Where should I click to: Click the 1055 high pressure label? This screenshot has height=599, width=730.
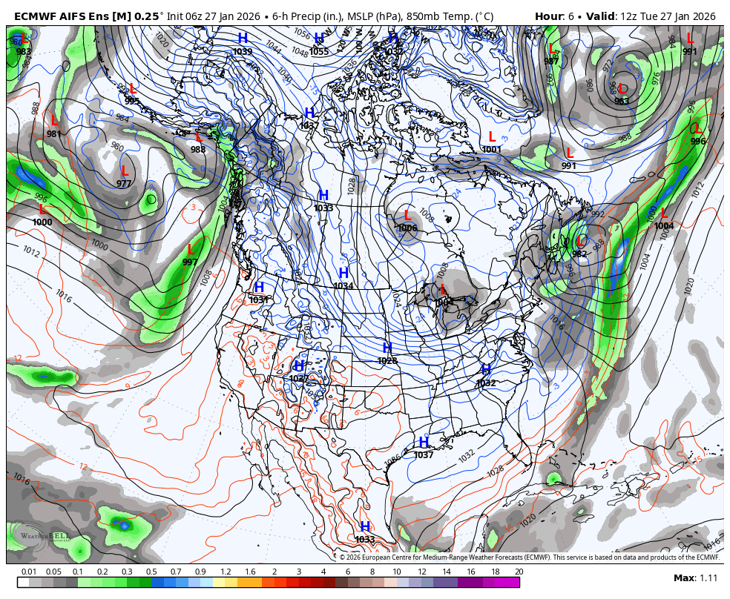(x=319, y=51)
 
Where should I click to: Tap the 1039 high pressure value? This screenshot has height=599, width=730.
(x=243, y=51)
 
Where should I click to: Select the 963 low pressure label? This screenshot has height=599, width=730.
(x=621, y=101)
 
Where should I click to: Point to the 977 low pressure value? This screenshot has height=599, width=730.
(x=124, y=183)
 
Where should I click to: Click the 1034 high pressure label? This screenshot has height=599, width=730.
(x=343, y=285)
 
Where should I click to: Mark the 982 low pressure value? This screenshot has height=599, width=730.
(x=579, y=254)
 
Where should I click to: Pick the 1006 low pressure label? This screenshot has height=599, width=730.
(x=407, y=228)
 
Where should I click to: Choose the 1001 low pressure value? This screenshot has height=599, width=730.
(x=491, y=149)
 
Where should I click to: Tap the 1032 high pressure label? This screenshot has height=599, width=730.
(x=486, y=383)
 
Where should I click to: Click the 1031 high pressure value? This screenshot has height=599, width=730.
(x=259, y=299)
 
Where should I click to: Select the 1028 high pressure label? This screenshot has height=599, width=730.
(x=387, y=360)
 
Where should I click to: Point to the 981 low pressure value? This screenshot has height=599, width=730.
(x=54, y=133)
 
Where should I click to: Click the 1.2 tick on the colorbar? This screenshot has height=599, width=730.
(x=226, y=572)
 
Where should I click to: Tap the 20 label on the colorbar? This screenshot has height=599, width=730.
(x=519, y=572)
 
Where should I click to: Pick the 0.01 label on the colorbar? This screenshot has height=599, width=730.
(x=29, y=572)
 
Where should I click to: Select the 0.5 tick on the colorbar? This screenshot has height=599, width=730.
(x=151, y=572)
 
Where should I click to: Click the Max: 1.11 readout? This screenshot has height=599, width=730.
(x=695, y=578)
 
